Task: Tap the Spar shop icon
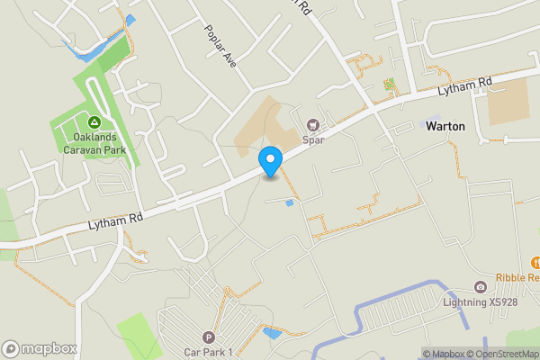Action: click(313, 125)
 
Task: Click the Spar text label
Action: click(313, 139)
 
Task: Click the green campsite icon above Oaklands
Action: click(94, 122)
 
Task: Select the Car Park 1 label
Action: click(209, 351)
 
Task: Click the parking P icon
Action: click(209, 337)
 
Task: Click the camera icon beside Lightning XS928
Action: click(481, 287)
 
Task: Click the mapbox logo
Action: click(40, 348)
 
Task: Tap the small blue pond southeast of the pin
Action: click(289, 203)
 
